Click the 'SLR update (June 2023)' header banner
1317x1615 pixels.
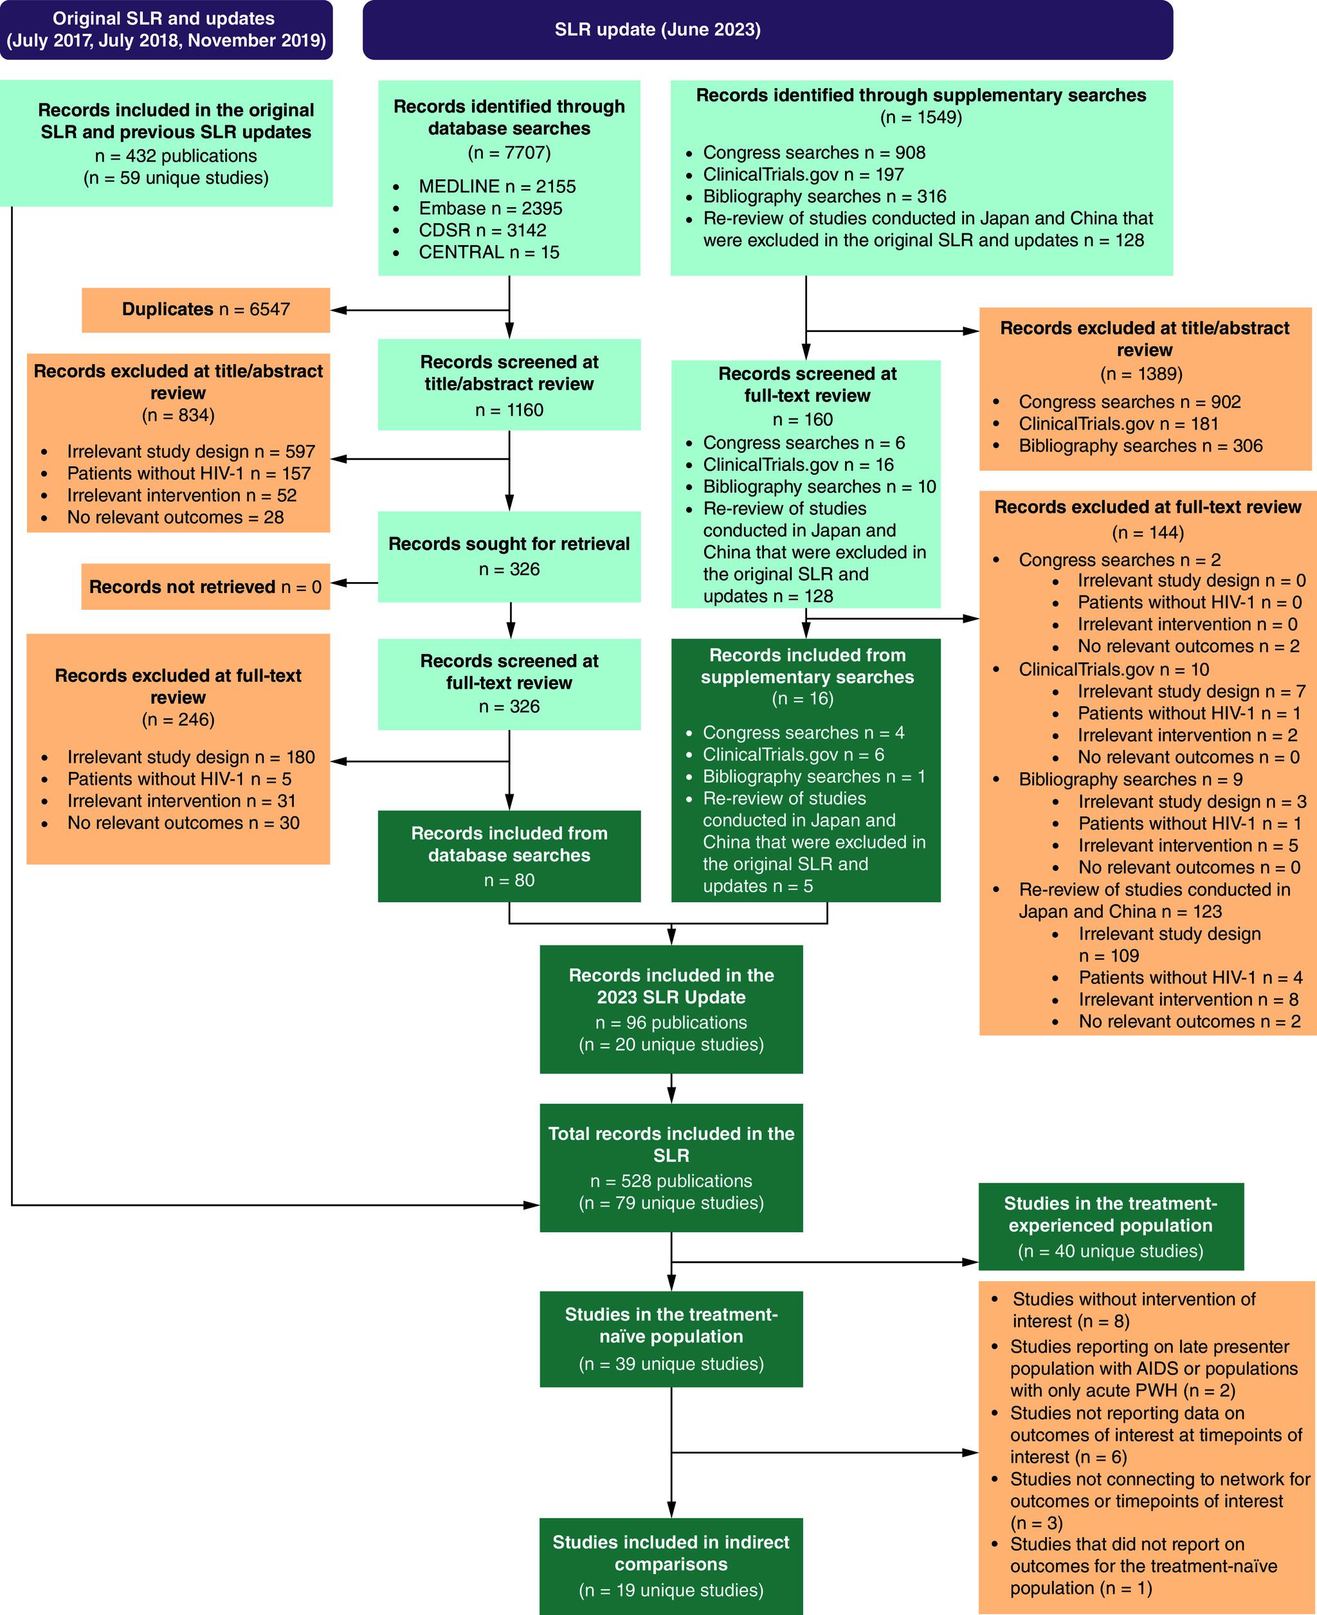click(x=767, y=30)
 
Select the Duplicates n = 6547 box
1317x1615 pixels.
click(x=206, y=309)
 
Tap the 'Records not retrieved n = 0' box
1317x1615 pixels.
click(x=205, y=587)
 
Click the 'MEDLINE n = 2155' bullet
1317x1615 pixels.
click(x=496, y=187)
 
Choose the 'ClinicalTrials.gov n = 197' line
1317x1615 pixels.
click(x=803, y=174)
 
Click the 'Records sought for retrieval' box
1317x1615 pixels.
click(x=509, y=556)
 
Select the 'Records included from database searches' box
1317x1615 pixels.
click(x=509, y=855)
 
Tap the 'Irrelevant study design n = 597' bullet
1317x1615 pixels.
click(x=190, y=452)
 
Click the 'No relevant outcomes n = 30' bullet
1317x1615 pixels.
click(x=183, y=823)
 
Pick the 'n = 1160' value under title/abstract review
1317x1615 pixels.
click(x=509, y=410)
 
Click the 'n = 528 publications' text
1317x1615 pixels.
click(x=671, y=1181)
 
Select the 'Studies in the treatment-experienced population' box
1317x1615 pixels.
click(x=1110, y=1226)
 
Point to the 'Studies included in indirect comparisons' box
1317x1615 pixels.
click(x=671, y=1565)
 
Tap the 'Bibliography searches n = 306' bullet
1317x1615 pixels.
click(x=1140, y=446)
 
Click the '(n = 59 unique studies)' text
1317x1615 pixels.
click(x=176, y=178)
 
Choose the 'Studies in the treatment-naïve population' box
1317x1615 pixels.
click(x=671, y=1338)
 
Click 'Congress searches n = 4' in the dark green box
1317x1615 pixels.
click(x=803, y=733)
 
